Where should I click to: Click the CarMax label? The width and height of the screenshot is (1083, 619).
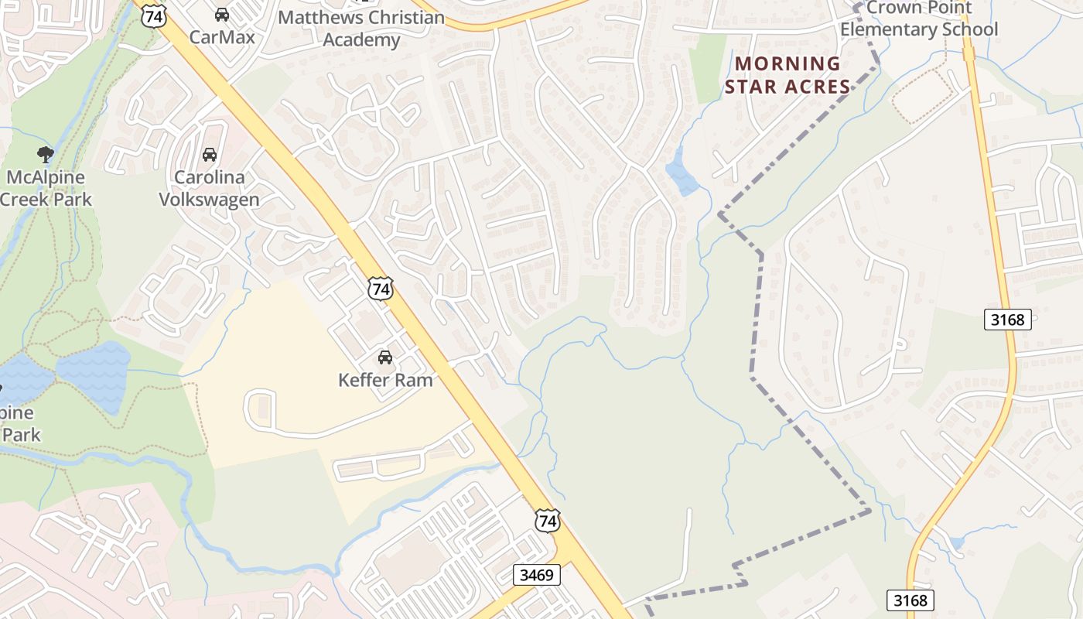pos(221,37)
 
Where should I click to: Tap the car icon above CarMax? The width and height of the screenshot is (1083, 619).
pos(221,15)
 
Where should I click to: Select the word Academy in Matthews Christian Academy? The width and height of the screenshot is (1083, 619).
pos(360,39)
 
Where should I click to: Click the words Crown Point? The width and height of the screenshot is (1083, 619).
pos(919,8)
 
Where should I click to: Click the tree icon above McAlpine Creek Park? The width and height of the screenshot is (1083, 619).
pos(46,154)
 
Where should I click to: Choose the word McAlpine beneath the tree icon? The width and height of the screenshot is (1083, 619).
pos(46,177)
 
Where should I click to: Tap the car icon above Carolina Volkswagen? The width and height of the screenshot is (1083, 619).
pos(209,155)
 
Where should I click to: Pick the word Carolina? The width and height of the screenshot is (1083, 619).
pos(209,177)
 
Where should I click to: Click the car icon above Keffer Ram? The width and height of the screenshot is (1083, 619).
pos(384,357)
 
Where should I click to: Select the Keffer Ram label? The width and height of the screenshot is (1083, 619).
pos(384,380)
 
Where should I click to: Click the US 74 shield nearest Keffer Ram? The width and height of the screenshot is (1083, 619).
pos(380,289)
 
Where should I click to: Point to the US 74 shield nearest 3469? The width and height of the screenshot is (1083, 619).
pos(548,521)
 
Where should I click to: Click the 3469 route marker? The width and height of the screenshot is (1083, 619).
pos(536,575)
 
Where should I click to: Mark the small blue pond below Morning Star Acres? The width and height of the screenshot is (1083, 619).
pos(681,176)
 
